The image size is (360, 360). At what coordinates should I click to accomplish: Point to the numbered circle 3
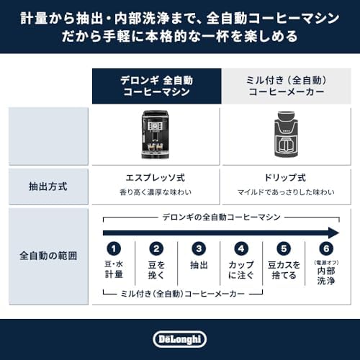[x=199, y=249]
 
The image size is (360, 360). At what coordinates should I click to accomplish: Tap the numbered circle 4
[x=241, y=249]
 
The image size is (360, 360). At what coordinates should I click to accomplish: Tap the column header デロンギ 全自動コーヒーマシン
[x=156, y=86]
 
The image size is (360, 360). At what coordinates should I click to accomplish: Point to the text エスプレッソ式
[x=156, y=177]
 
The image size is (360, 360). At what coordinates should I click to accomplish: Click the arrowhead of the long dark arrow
[x=332, y=232]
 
